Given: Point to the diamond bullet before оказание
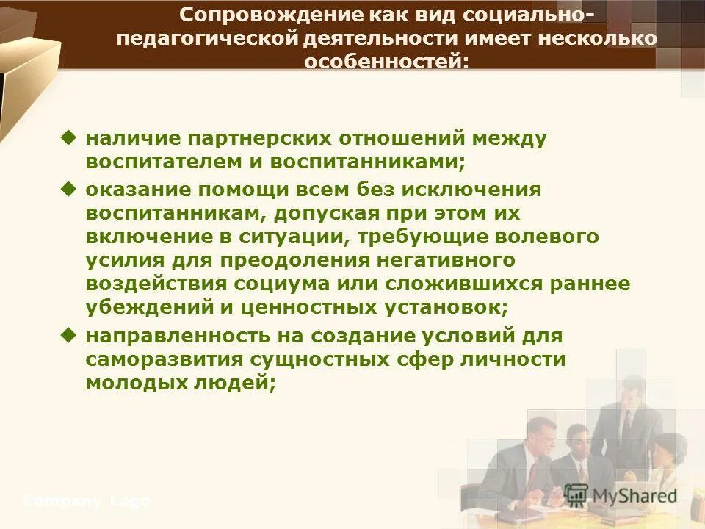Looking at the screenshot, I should tap(69, 188).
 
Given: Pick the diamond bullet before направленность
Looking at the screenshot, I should tap(69, 335).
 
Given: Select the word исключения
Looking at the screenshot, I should tap(480, 190).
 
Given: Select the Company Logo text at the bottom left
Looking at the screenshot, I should tap(87, 502).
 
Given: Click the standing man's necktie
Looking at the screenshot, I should tap(626, 427).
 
